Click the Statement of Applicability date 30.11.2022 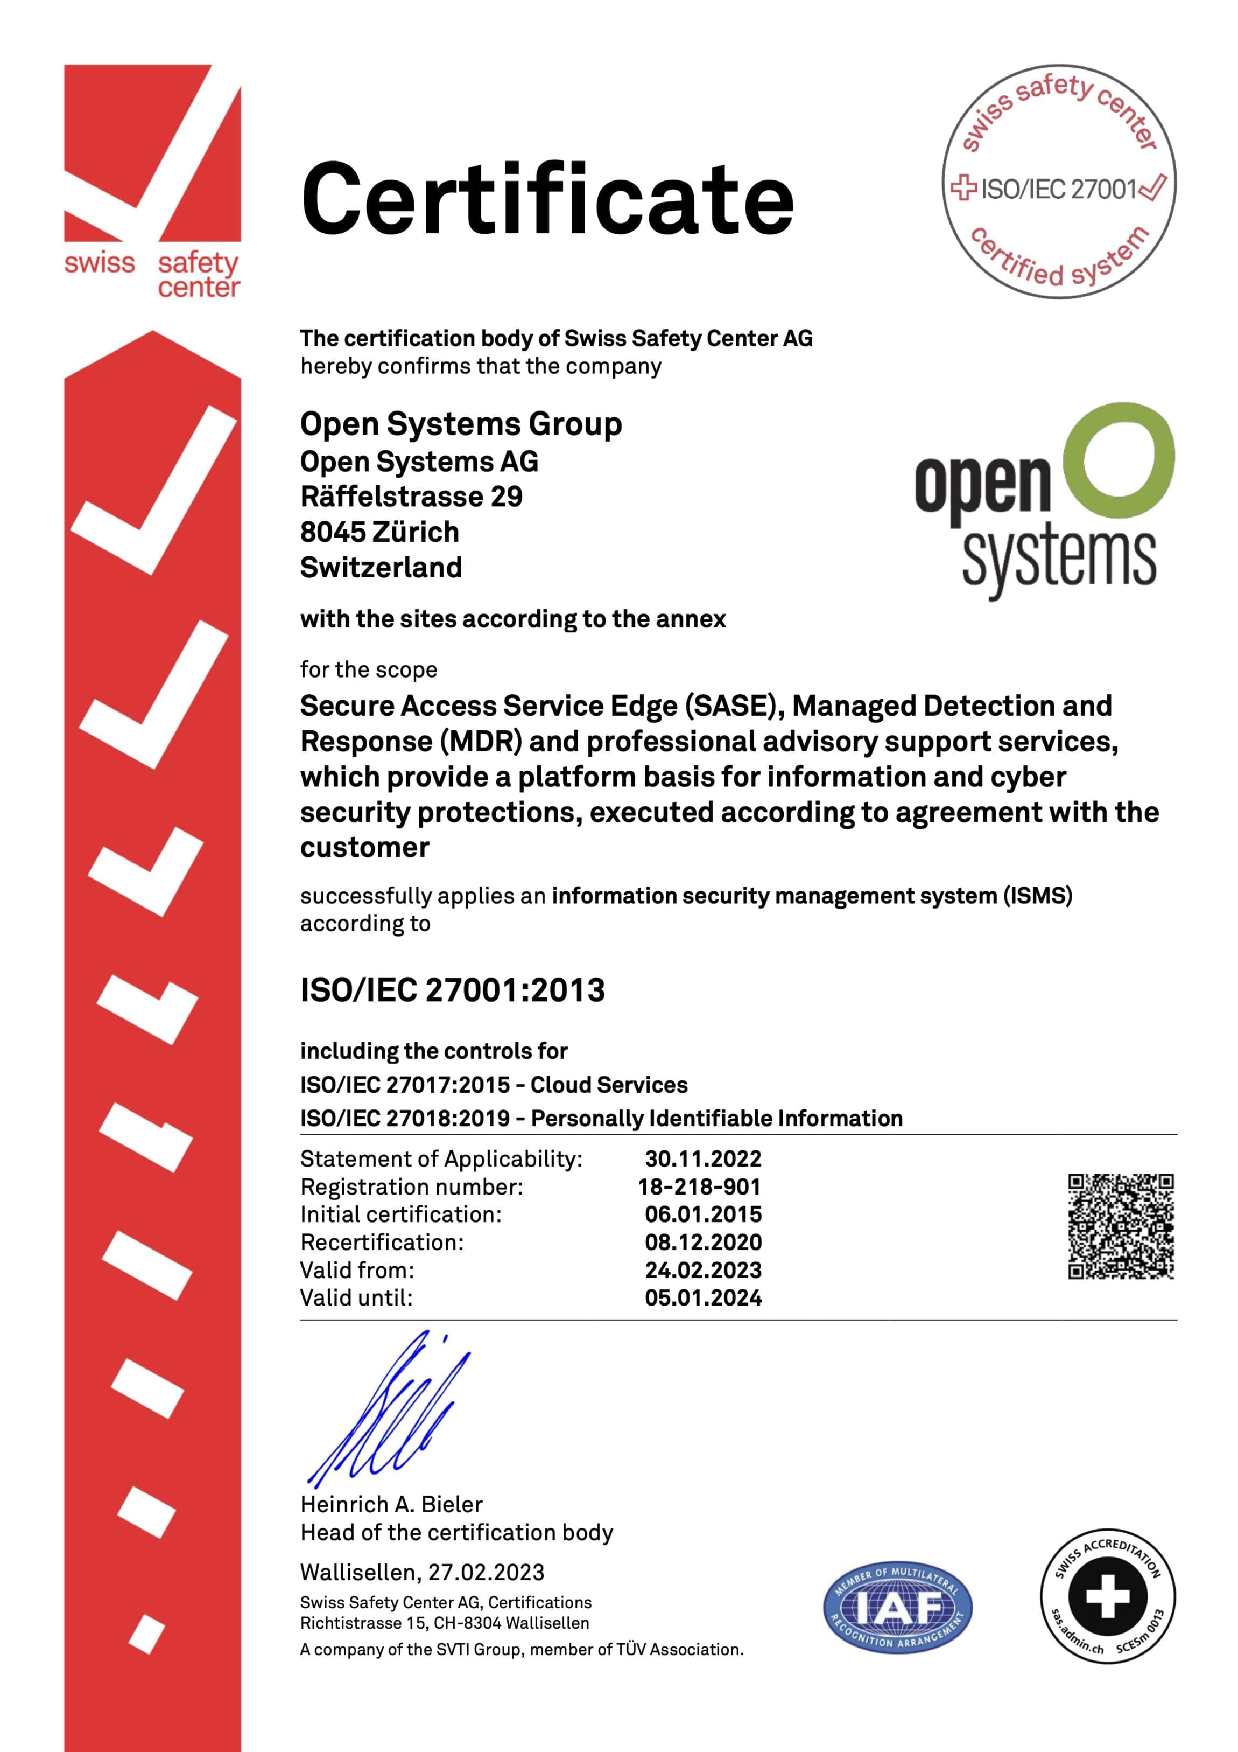702,1158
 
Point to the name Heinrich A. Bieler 391,1504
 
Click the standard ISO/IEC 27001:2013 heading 452,990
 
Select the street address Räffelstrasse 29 411,497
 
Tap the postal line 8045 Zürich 379,532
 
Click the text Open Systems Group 461,424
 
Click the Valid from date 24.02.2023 702,1270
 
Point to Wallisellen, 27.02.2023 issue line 422,1572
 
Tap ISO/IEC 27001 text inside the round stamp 1059,189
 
